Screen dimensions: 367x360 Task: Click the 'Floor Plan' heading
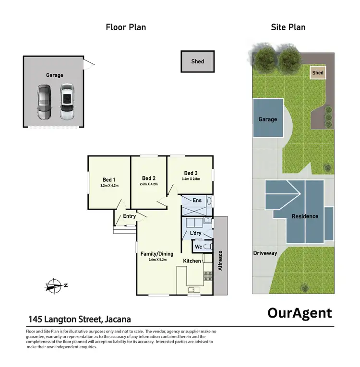coord(126,27)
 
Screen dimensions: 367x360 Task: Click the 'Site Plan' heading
coord(288,27)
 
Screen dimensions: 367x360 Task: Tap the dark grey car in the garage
coord(44,102)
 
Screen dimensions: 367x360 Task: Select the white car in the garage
coord(67,102)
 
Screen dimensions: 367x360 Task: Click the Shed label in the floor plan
coord(197,61)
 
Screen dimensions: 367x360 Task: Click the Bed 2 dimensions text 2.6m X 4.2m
coord(149,184)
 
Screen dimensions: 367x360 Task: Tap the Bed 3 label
coord(191,173)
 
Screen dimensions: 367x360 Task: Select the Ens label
coord(197,201)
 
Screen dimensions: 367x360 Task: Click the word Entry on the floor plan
coord(130,216)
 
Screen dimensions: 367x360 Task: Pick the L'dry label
coord(195,233)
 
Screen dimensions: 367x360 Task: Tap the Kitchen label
coord(192,261)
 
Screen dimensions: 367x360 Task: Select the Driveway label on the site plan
coord(265,253)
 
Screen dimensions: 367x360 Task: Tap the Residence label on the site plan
coord(305,216)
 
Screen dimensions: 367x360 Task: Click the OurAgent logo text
coord(299,313)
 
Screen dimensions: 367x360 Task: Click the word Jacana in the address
coord(116,319)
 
